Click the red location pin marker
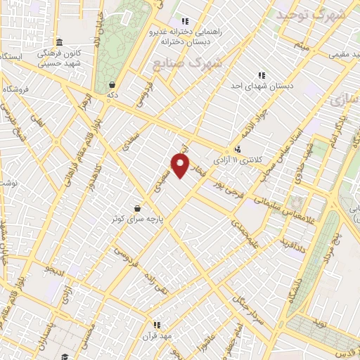coord(181,167)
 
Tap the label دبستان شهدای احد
coord(262,85)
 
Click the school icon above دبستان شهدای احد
coord(262,75)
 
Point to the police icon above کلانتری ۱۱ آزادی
coord(238,149)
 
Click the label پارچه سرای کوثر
coord(136,219)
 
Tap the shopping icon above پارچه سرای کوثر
coord(136,208)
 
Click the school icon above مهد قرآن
coord(157,325)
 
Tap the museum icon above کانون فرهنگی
coord(59,41)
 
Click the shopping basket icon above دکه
coord(112,84)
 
